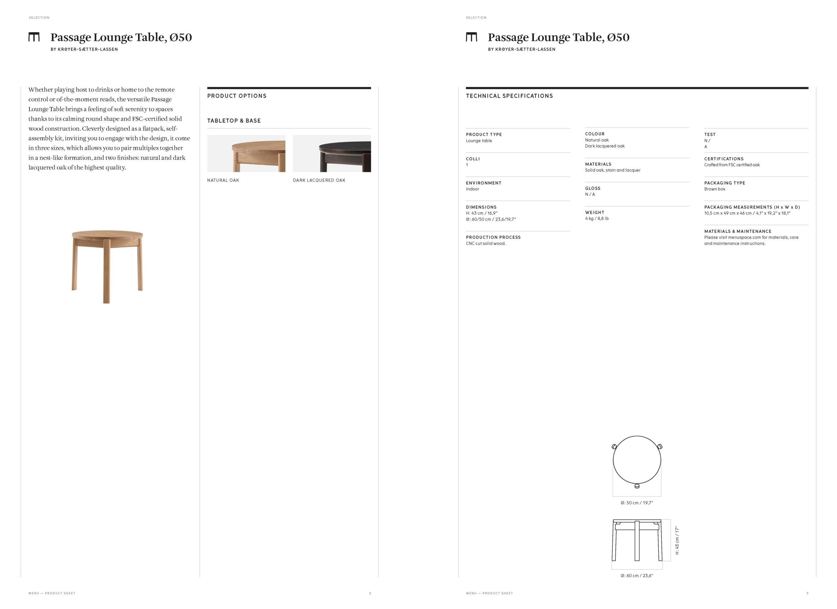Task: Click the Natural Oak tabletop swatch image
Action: click(x=246, y=153)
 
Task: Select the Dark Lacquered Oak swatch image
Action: click(x=332, y=153)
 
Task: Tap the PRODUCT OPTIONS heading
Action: click(x=237, y=96)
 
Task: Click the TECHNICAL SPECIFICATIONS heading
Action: click(x=509, y=96)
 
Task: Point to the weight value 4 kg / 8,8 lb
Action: click(x=597, y=218)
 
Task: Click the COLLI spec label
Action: click(x=473, y=159)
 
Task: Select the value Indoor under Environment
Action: click(x=472, y=189)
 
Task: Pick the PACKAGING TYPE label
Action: click(x=725, y=183)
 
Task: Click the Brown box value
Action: click(x=714, y=189)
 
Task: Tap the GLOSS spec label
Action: click(x=593, y=188)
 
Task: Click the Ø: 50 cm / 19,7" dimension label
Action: click(x=637, y=503)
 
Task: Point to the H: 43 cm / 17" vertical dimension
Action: click(x=677, y=540)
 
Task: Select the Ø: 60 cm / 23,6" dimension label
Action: click(x=637, y=575)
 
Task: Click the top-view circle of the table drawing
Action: click(x=637, y=460)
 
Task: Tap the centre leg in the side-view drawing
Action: click(x=637, y=541)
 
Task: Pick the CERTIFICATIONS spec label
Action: click(x=724, y=159)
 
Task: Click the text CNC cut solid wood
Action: click(x=486, y=244)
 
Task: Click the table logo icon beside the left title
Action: click(x=34, y=37)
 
